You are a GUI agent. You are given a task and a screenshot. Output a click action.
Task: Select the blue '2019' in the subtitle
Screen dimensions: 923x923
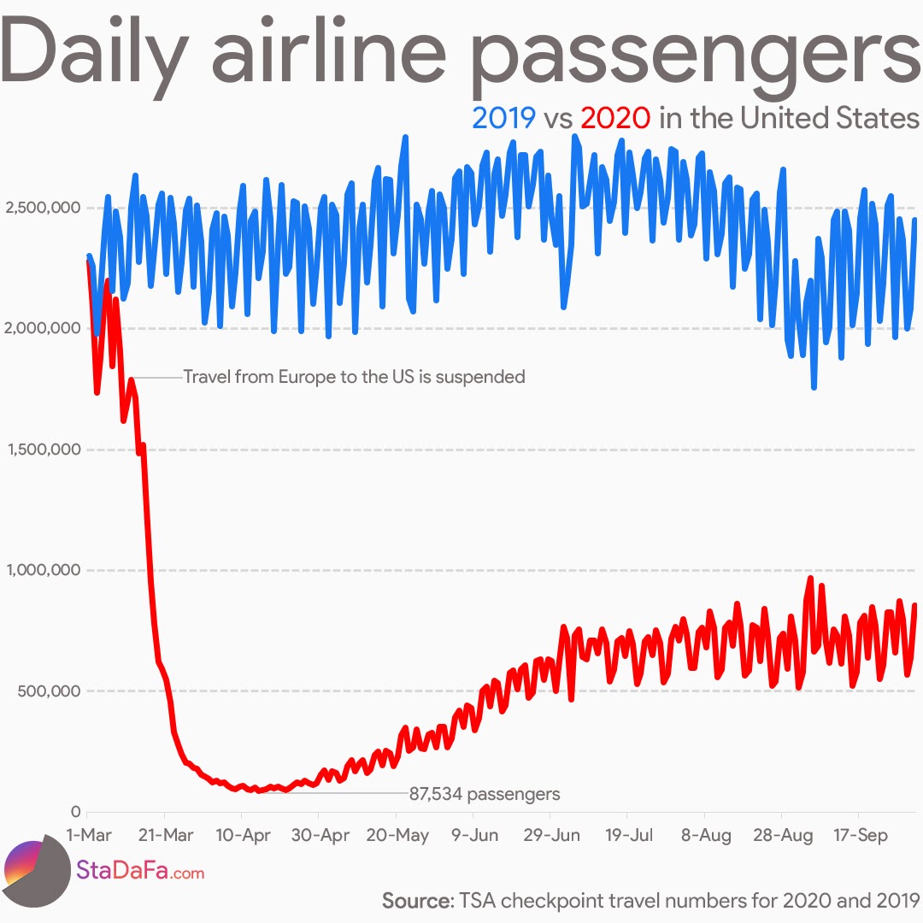[x=504, y=118]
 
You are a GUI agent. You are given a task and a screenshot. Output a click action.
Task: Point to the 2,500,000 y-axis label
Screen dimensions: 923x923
[x=42, y=208]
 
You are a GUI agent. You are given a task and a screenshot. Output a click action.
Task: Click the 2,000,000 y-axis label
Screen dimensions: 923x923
[x=42, y=328]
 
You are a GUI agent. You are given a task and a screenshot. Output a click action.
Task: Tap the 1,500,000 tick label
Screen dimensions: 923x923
[x=42, y=450]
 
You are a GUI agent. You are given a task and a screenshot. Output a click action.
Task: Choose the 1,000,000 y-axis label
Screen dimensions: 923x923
[x=42, y=570]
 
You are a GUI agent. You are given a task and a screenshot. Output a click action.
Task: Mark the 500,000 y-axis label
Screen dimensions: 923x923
[x=48, y=691]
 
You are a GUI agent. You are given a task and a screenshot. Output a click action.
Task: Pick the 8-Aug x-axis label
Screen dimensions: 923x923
[x=705, y=836]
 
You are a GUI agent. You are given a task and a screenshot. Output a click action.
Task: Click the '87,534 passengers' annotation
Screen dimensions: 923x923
[x=485, y=794]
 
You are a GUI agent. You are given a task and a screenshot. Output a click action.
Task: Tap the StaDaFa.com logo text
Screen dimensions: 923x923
[x=140, y=872]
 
